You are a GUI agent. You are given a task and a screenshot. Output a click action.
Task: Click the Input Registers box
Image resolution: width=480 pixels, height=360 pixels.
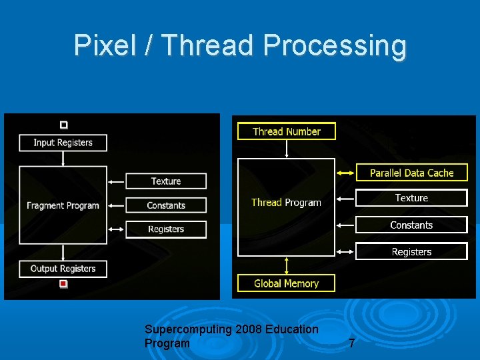pos(63,143)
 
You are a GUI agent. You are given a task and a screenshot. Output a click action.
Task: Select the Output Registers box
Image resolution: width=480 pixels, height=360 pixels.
pos(63,269)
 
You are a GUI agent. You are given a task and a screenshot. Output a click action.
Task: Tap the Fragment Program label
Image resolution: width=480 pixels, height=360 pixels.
pos(63,205)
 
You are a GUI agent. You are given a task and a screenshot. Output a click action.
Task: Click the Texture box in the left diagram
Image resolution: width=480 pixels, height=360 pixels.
pos(166,181)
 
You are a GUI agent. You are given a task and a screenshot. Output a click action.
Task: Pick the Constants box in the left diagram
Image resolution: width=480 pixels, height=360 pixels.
pos(166,205)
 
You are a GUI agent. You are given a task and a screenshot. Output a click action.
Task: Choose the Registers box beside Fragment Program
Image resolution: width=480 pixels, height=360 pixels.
pos(166,229)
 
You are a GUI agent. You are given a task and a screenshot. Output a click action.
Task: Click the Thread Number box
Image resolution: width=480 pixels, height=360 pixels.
pos(287,131)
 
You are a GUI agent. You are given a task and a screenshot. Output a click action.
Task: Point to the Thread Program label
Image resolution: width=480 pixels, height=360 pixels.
pos(286,203)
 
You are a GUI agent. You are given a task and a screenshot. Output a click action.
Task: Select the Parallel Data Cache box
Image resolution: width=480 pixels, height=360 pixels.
pos(411,173)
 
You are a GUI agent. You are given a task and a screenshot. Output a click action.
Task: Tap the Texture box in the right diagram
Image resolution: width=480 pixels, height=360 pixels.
pos(411,198)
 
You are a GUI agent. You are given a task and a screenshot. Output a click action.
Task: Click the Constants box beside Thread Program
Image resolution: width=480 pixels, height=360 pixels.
pos(411,225)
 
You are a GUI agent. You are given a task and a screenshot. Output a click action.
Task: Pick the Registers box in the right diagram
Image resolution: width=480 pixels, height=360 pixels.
pos(411,251)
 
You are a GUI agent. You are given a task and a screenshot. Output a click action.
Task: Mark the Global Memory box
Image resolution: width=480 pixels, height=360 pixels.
pos(287,283)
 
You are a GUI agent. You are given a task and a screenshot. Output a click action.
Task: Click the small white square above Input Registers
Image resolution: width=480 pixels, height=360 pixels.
pos(63,125)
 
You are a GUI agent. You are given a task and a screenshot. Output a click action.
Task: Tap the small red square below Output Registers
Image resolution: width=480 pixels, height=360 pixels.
pos(63,284)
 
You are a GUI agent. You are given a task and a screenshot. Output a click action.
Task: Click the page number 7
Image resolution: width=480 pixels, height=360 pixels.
pos(352,343)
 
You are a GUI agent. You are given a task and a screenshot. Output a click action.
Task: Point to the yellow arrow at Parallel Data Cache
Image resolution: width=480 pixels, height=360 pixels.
pos(345,173)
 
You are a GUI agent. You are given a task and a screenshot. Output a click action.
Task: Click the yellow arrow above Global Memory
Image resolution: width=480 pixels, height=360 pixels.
pos(287,265)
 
